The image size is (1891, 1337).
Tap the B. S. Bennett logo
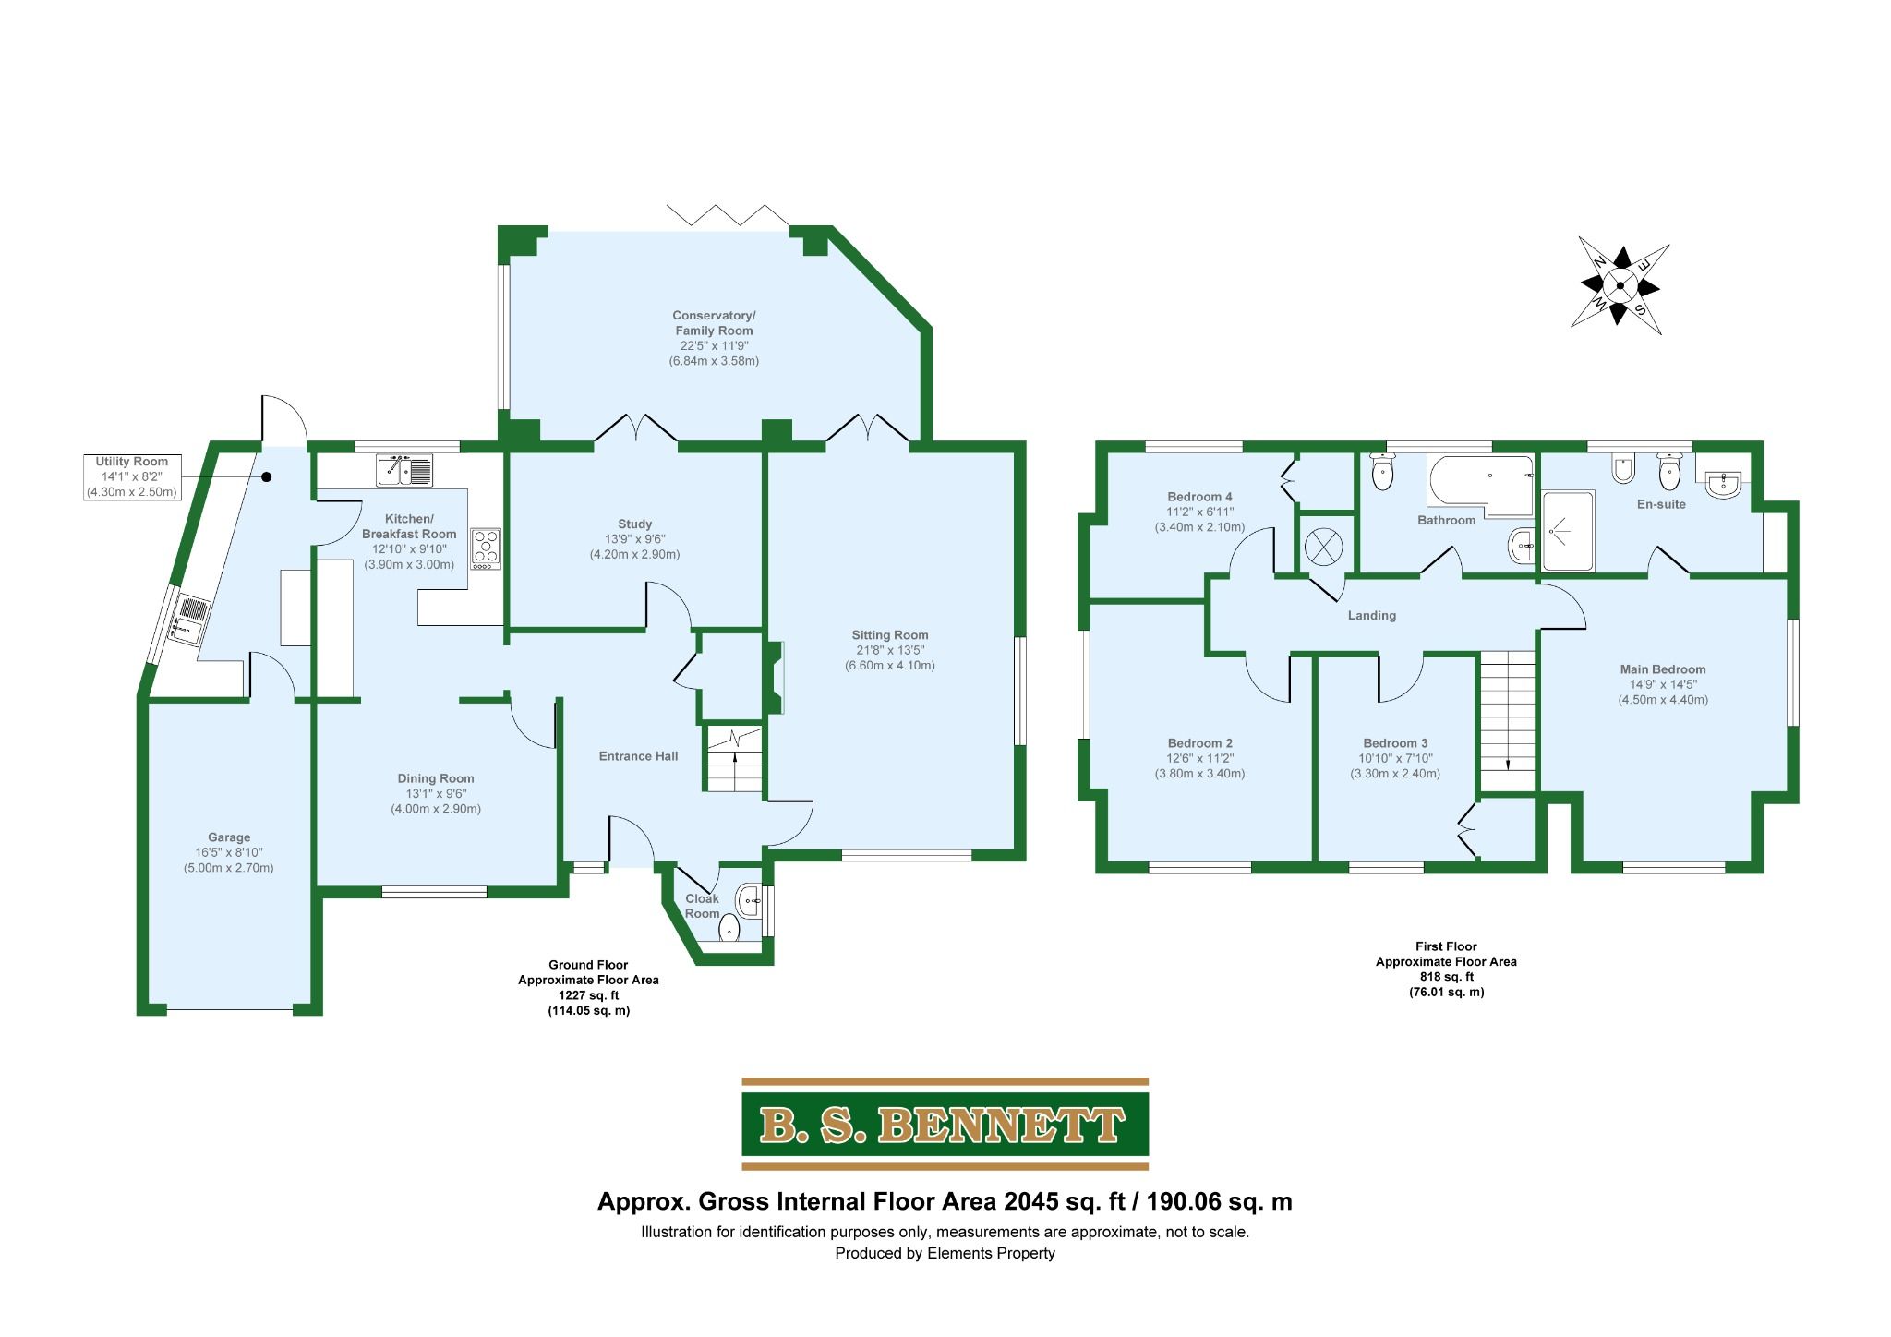(945, 1124)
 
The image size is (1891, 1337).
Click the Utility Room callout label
(132, 477)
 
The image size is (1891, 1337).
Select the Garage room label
(229, 837)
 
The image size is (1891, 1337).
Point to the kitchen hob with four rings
(486, 547)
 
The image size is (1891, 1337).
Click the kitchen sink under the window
(404, 471)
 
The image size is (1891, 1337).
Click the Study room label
(635, 524)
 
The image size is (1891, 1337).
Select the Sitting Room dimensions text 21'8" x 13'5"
(890, 650)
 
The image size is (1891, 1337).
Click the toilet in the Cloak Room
(729, 927)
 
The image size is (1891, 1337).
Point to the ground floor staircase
(735, 759)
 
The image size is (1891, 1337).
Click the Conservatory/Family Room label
(714, 323)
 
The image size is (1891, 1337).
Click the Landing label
(1372, 616)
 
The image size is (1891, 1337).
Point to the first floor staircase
(1508, 719)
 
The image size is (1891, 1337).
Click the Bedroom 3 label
(1395, 743)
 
